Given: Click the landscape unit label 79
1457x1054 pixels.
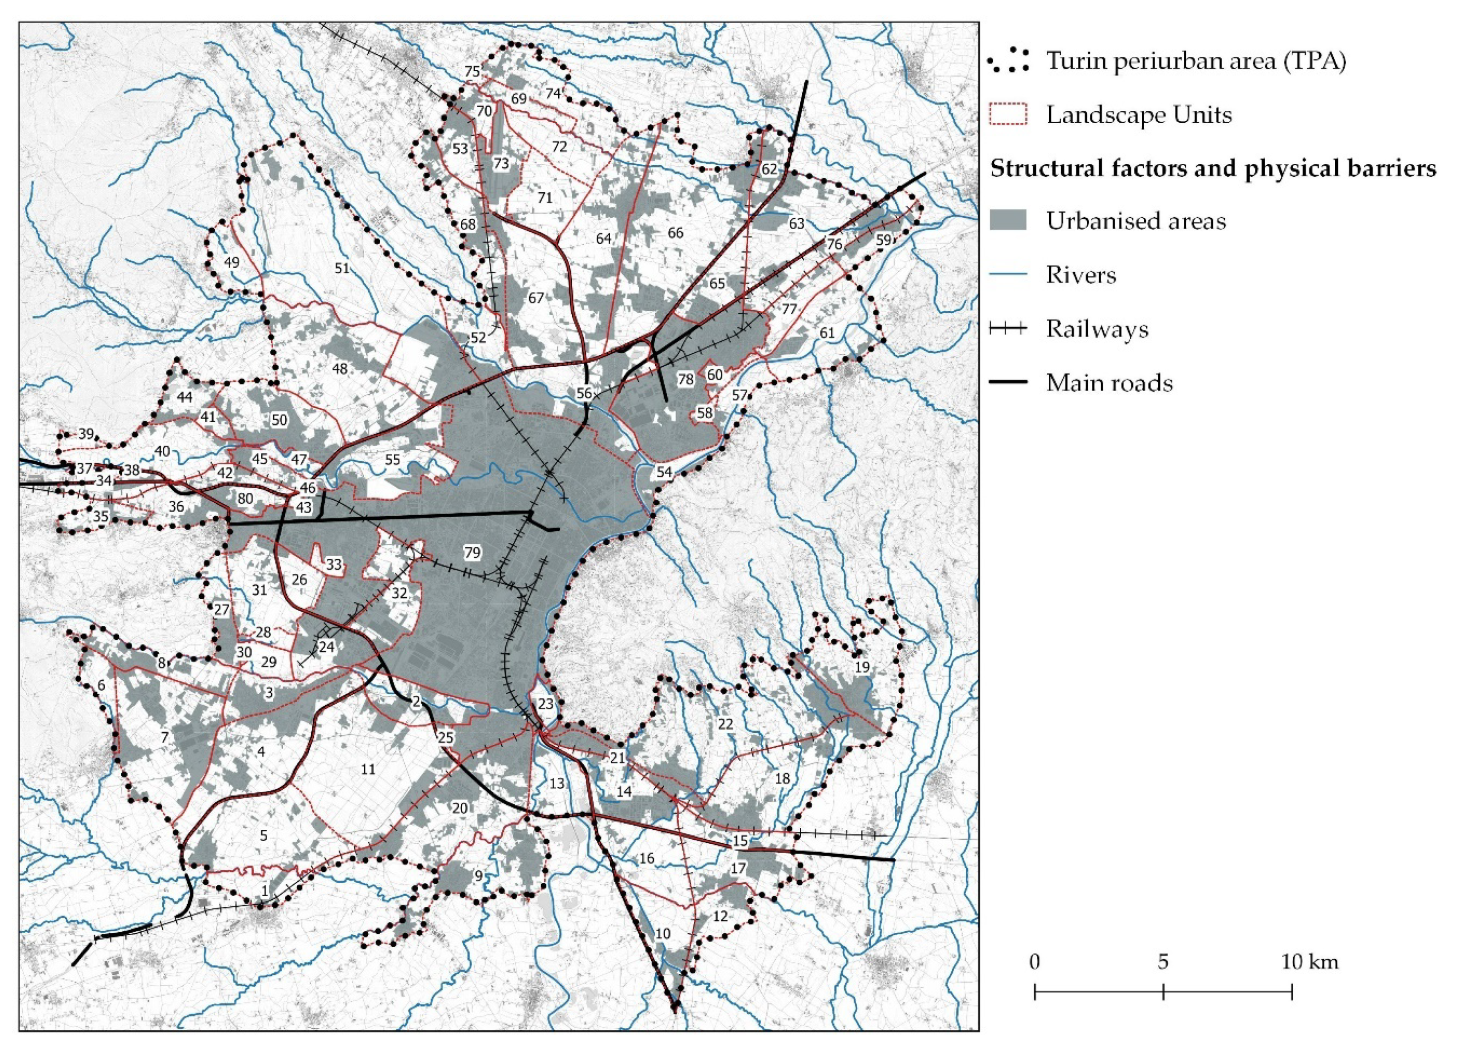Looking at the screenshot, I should coord(472,552).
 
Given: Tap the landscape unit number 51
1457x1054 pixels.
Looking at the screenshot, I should coord(342,268).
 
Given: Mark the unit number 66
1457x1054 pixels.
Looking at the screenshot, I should coord(675,233).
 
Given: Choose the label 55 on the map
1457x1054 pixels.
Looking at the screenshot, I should coord(392,459).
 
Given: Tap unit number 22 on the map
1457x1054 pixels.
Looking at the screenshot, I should coord(726,724).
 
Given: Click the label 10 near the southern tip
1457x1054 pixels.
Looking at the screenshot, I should coord(663,933).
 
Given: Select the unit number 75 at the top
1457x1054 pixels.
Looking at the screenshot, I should coord(472,71).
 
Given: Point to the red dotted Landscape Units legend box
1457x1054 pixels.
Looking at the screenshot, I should coord(1007,115).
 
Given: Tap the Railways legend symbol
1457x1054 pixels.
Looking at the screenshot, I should coord(1007,329).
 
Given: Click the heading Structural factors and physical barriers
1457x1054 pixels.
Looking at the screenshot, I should coord(1213,168).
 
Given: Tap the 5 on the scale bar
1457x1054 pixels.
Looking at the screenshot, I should coord(1163,962).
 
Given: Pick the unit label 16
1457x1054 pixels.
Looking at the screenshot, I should coord(646,858).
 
